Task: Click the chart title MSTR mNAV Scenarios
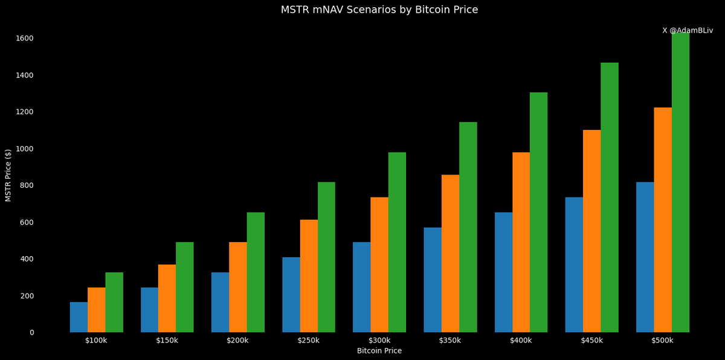tap(379, 10)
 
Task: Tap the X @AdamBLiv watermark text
tap(687, 30)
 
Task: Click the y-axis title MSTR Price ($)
tap(8, 175)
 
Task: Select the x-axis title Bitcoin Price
tap(379, 351)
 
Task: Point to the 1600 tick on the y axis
tap(25, 38)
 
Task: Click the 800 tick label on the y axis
tap(27, 185)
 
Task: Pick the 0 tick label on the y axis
tap(31, 332)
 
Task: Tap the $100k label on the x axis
tap(96, 341)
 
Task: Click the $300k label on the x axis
tap(379, 341)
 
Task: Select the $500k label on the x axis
tap(662, 341)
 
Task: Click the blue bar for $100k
tap(79, 317)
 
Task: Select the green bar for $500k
tap(680, 181)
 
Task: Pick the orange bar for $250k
tap(309, 276)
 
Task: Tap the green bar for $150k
tap(185, 287)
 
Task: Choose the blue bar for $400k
tap(503, 272)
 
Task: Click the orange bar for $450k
tap(591, 231)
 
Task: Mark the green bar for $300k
tap(397, 242)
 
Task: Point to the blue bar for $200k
tap(220, 302)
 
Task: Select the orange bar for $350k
tap(450, 254)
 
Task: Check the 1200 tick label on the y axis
tap(25, 112)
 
